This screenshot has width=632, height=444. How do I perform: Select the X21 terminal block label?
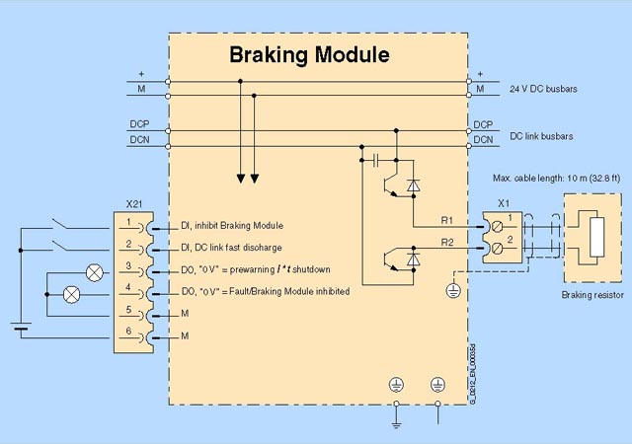[134, 203]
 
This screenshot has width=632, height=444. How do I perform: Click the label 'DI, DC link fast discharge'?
[234, 247]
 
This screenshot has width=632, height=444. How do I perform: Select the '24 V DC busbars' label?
[543, 89]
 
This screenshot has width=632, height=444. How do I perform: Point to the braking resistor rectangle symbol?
[594, 241]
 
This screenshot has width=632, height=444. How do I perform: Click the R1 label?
[446, 219]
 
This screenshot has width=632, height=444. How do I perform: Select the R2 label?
[446, 242]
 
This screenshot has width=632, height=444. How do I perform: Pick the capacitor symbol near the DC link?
[376, 158]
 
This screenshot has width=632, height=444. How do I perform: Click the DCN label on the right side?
[483, 140]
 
